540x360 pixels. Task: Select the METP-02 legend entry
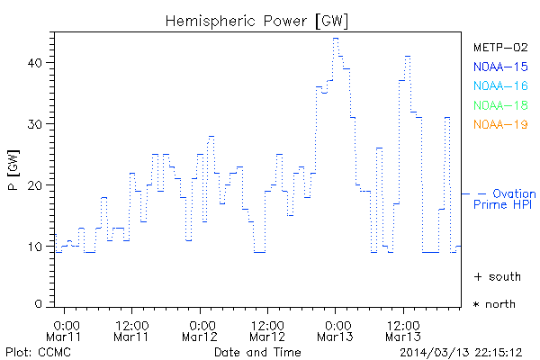(500, 47)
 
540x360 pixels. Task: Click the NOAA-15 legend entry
(500, 66)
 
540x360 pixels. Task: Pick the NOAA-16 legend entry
(500, 85)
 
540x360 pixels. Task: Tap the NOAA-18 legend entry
(500, 105)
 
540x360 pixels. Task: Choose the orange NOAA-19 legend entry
(500, 124)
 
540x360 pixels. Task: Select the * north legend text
(494, 304)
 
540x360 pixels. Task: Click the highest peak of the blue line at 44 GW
(335, 38)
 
